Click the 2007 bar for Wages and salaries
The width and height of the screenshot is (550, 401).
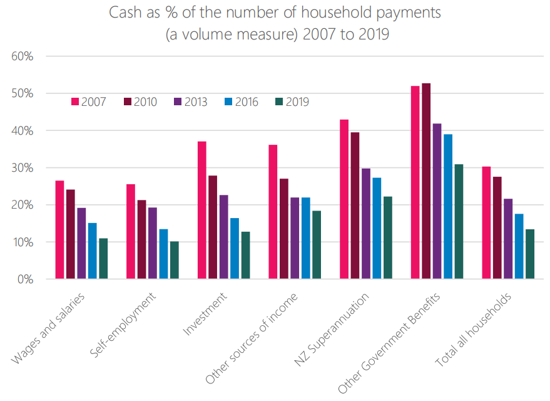click(59, 229)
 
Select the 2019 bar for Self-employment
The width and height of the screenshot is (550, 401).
click(174, 260)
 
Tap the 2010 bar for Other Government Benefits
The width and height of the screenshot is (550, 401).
click(426, 181)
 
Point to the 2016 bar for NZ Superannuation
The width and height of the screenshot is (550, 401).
click(377, 228)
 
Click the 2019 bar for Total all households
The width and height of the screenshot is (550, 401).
click(530, 254)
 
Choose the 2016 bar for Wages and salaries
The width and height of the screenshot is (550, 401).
click(92, 251)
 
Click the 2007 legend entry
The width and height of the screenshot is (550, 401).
click(88, 102)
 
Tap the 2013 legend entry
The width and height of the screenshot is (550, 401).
click(190, 102)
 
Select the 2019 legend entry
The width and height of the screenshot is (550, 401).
click(292, 102)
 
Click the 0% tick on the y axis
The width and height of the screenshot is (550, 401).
click(25, 279)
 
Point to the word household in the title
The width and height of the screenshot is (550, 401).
click(351, 13)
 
